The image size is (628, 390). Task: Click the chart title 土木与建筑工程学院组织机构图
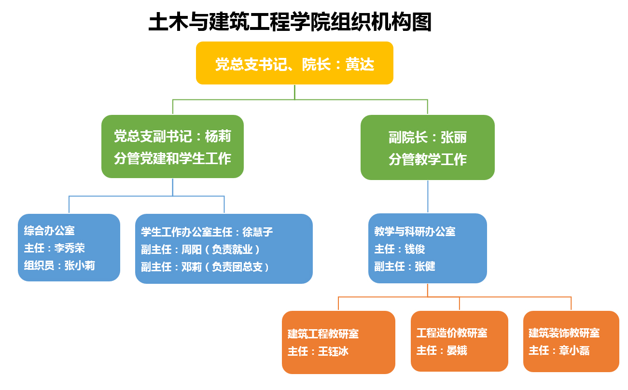pos(290,22)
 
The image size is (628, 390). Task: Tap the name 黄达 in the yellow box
pos(360,64)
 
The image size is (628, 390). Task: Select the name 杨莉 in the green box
pos(218,136)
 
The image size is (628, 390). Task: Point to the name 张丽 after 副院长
pos(454,138)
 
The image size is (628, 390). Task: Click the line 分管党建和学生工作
pos(172,158)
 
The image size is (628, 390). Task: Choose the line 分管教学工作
pos(428,159)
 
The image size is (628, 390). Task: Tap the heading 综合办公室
pos(49,230)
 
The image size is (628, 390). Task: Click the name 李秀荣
pos(70,248)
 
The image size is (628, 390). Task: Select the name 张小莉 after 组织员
pos(80,265)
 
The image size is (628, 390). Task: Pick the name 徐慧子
pos(257,232)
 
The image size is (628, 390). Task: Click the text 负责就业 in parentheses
pos(232,249)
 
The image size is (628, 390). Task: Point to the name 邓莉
pos(192,266)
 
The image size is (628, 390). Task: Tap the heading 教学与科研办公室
pos(415,231)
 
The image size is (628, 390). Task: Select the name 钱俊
pos(415,249)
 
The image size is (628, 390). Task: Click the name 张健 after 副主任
pos(425,266)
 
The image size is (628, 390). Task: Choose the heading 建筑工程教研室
pos(323,334)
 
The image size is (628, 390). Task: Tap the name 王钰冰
pos(334,351)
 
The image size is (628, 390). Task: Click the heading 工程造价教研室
pos(452,333)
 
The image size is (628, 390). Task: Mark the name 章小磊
pos(574,350)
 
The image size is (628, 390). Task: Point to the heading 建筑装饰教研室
pos(564,333)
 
